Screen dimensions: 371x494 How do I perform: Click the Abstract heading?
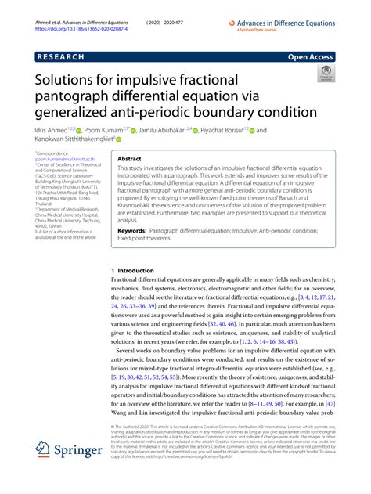(129, 157)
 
